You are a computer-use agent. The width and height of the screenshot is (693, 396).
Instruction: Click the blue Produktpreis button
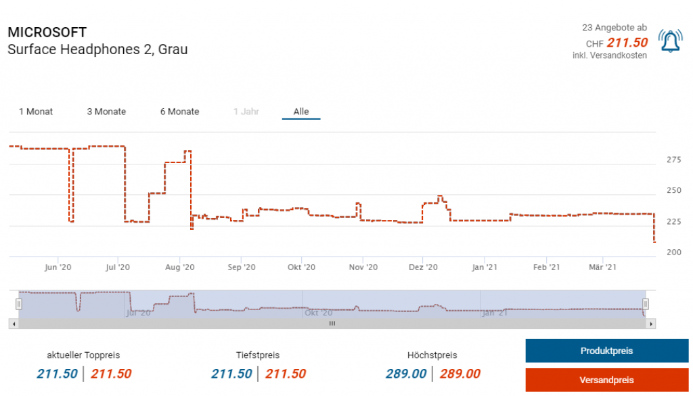[x=606, y=351]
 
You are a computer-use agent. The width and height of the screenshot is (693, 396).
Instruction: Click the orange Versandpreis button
[x=606, y=380]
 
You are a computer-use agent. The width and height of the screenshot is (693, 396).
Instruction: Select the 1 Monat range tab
[x=36, y=112]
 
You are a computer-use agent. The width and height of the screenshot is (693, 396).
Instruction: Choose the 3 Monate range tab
[x=106, y=112]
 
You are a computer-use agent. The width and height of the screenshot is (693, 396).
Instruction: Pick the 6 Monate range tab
[x=179, y=112]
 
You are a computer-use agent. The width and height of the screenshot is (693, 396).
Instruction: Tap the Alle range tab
[x=301, y=112]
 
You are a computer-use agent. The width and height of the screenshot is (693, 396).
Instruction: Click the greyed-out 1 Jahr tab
[x=246, y=112]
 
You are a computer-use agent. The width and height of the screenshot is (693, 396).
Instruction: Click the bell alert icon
[x=671, y=42]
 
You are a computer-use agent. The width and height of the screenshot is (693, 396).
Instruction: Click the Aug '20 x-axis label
[x=179, y=267]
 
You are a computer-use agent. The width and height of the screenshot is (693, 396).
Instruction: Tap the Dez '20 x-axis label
[x=423, y=267]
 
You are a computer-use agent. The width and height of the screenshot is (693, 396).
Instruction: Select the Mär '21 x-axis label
[x=602, y=267]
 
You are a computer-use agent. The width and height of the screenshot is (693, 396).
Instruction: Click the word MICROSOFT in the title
[x=47, y=32]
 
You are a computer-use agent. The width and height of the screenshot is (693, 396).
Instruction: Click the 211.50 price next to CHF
[x=627, y=43]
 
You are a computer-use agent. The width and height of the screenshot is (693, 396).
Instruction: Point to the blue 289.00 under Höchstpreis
[x=406, y=374]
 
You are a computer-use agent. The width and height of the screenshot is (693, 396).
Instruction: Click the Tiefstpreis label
[x=258, y=355]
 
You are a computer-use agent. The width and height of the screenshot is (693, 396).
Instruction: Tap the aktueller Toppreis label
[x=83, y=355]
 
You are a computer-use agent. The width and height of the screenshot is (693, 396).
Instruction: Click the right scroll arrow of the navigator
[x=651, y=324]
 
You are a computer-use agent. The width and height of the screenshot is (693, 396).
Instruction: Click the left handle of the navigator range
[x=19, y=304]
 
